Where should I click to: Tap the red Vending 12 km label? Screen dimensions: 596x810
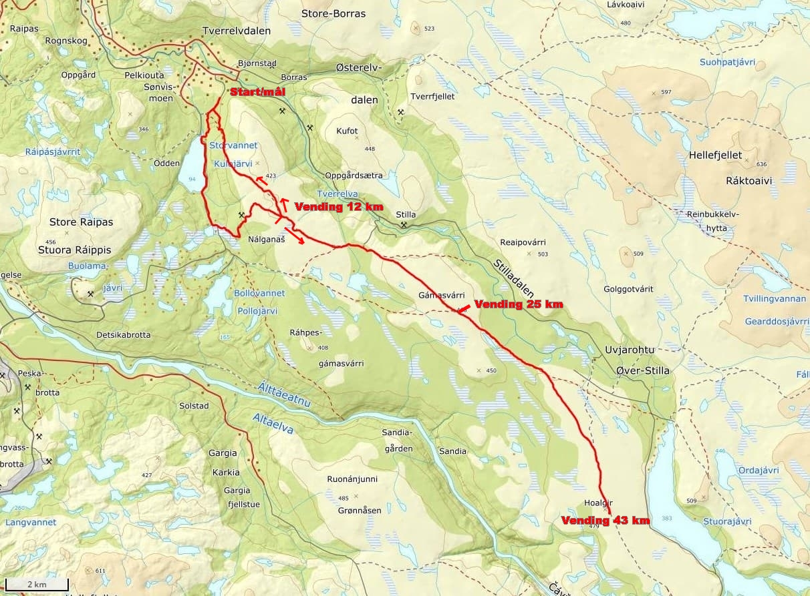click(x=338, y=207)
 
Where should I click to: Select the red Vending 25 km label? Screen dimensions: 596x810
click(x=518, y=304)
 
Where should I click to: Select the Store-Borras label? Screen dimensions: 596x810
click(x=333, y=13)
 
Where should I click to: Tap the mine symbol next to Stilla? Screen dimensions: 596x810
click(x=404, y=226)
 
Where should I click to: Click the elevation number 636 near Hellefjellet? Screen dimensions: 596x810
click(x=761, y=164)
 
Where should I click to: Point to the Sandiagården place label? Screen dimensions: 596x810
click(x=398, y=440)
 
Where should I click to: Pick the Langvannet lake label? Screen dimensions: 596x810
click(x=31, y=523)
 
